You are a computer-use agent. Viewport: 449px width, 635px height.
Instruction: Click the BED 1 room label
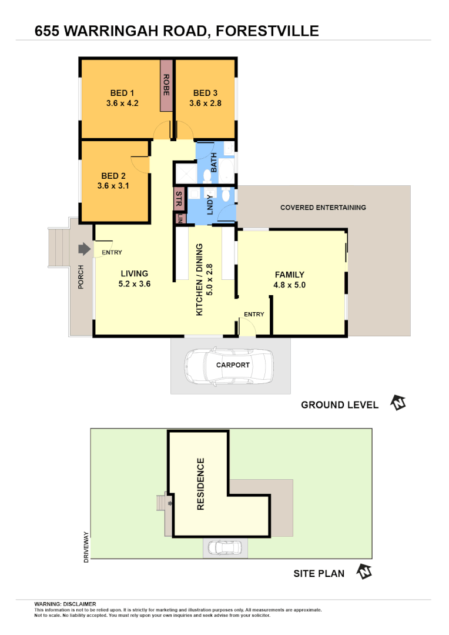click(122, 93)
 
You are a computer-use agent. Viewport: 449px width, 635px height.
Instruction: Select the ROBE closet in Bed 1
click(167, 85)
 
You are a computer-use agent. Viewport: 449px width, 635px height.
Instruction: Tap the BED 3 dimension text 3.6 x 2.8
click(205, 103)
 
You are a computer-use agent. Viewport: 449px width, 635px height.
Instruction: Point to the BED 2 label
click(113, 176)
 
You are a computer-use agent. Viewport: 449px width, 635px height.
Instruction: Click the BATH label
click(214, 162)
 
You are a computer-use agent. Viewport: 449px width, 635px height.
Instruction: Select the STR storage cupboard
click(179, 199)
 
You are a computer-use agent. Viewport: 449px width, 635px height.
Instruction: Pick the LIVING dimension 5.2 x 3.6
click(135, 284)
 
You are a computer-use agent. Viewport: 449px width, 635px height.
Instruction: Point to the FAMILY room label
click(289, 275)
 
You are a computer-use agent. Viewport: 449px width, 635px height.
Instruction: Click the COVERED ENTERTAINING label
click(323, 208)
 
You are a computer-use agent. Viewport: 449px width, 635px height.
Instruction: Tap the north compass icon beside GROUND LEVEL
click(399, 403)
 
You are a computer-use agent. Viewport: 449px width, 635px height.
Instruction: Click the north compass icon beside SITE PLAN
click(366, 572)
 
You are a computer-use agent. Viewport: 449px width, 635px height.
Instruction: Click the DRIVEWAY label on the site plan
click(86, 547)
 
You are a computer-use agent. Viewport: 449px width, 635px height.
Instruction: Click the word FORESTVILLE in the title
click(267, 31)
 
